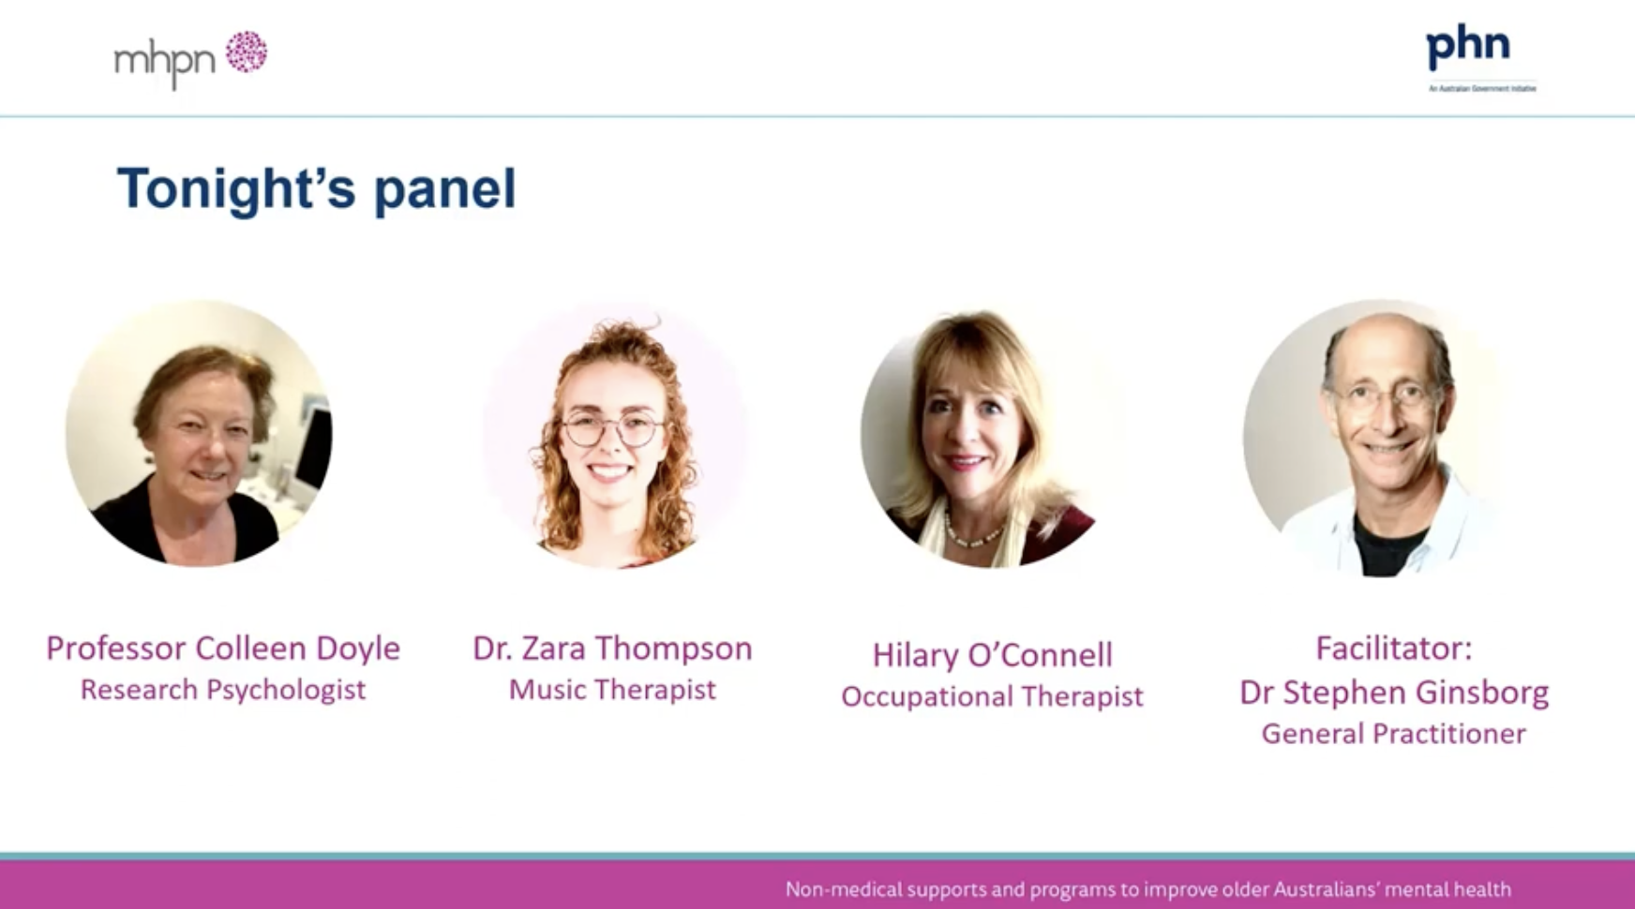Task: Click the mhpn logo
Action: click(189, 58)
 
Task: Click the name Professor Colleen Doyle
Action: click(223, 648)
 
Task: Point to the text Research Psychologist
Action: click(223, 690)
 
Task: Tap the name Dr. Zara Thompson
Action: click(612, 648)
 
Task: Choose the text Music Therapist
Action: click(612, 690)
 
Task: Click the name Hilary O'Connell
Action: click(992, 654)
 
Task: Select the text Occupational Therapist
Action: click(992, 696)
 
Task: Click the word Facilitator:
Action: click(1393, 648)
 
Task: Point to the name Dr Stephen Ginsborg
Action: click(1393, 692)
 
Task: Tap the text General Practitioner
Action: click(1393, 733)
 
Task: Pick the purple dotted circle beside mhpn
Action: click(246, 52)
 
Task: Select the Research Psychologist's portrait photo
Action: click(199, 434)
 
